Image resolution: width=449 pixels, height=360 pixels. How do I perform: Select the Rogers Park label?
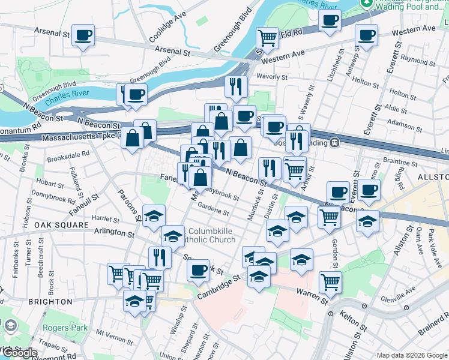point(65,328)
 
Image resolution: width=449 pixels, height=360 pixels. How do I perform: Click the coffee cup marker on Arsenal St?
point(82,35)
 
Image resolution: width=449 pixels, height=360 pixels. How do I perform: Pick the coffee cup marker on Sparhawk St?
point(197,269)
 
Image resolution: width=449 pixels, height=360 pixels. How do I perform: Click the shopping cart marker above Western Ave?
point(267,38)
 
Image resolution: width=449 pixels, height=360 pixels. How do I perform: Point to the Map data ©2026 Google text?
point(411,355)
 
